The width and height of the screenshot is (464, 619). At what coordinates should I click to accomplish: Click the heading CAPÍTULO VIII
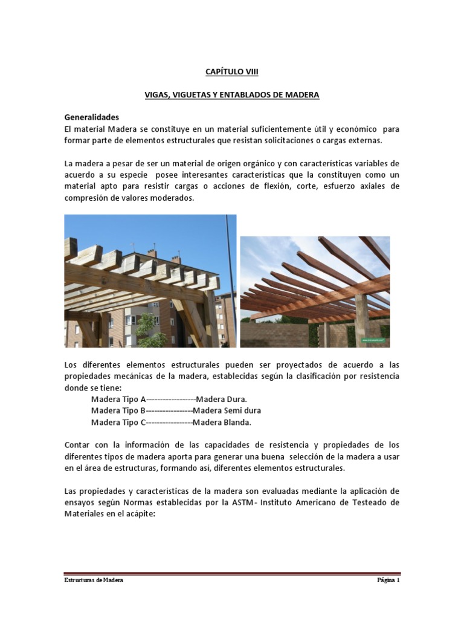pyautogui.click(x=232, y=72)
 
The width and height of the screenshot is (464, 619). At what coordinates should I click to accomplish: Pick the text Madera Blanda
pyautogui.click(x=222, y=422)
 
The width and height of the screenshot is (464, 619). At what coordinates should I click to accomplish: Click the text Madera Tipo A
pyautogui.click(x=118, y=399)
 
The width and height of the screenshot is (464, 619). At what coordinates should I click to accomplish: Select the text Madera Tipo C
pyautogui.click(x=118, y=422)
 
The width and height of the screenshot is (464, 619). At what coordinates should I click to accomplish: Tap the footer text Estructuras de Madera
pyautogui.click(x=94, y=580)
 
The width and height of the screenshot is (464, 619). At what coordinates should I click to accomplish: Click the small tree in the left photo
pyautogui.click(x=144, y=329)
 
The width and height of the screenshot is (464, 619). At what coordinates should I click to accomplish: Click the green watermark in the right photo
pyautogui.click(x=375, y=340)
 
